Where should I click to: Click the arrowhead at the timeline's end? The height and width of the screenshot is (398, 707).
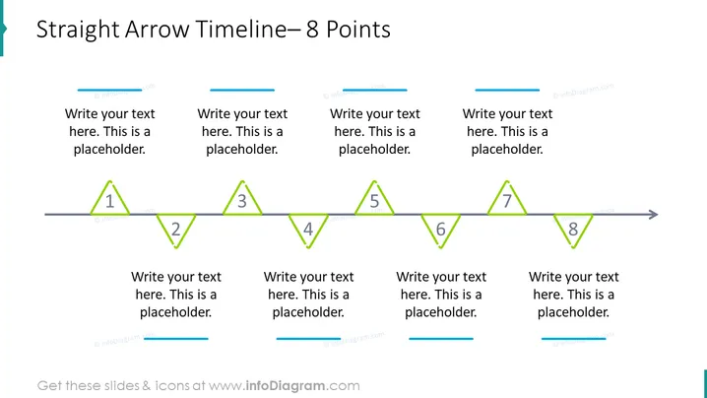654,215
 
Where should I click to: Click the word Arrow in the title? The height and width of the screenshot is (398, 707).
158,30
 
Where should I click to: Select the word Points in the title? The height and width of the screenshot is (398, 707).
358,30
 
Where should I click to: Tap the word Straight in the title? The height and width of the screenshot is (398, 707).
78,31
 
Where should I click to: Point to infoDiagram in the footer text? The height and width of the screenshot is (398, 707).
285,386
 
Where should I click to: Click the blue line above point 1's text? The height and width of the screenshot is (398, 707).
109,91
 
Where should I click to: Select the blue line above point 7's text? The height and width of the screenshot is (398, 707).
507,91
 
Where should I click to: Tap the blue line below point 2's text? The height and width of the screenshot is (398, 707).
176,339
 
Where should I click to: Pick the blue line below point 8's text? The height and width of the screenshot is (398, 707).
573,339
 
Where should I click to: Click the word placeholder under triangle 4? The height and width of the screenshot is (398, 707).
308,312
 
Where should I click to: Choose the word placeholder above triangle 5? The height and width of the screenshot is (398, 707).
374,150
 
